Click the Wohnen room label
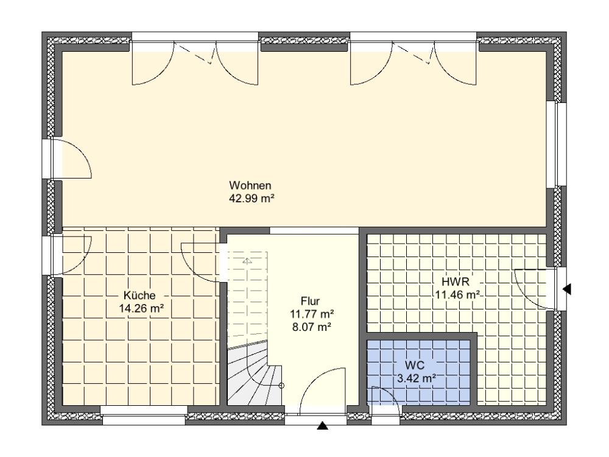click(250, 185)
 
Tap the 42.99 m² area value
click(252, 199)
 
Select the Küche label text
click(139, 296)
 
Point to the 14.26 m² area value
click(141, 308)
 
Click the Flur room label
click(311, 301)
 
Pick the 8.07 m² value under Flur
click(311, 327)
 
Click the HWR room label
click(456, 282)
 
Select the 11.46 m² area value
click(457, 294)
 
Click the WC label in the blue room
click(414, 365)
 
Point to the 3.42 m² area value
click(417, 378)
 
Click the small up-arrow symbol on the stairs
click(247, 261)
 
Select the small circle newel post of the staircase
click(281, 386)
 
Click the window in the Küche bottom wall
click(144, 416)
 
